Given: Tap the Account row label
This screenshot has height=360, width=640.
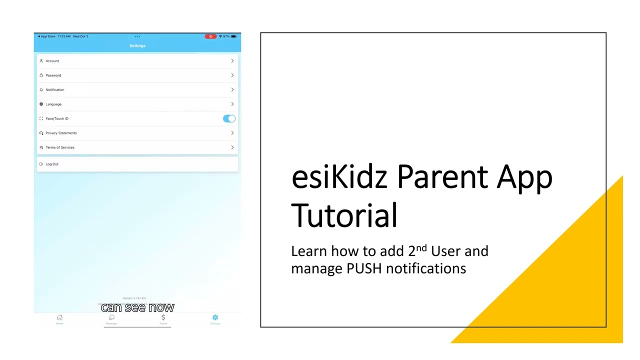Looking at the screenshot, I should click(52, 61).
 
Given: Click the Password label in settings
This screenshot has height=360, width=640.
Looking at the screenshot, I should click(53, 75).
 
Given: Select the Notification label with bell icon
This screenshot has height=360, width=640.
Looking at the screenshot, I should click(54, 90).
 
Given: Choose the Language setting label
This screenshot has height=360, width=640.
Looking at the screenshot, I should click(53, 104).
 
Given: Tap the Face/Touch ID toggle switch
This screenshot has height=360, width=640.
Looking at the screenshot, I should click(229, 118).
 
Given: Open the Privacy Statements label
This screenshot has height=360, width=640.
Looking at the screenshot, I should click(61, 133).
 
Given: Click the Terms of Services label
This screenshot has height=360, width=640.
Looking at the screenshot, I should click(60, 147).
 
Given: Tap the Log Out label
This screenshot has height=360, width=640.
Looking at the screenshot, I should click(52, 164).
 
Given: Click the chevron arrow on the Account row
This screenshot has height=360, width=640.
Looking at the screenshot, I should click(232, 61).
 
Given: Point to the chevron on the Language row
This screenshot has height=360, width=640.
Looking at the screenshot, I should click(232, 104).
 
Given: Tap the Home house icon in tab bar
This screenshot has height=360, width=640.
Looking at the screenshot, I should click(59, 318).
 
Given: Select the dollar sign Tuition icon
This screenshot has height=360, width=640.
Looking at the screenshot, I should click(163, 318).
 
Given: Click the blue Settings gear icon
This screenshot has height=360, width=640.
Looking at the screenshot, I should click(215, 318).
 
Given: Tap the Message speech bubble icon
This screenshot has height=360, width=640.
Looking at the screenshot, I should click(111, 318).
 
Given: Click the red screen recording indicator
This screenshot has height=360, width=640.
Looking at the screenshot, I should click(210, 36).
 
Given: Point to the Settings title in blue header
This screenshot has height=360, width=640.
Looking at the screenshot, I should click(137, 46).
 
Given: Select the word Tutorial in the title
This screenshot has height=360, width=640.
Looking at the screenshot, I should click(344, 215).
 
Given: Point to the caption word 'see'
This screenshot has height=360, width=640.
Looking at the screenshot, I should click(135, 307).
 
